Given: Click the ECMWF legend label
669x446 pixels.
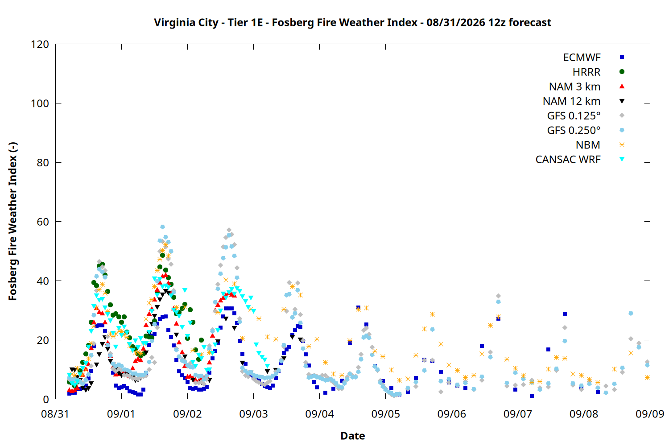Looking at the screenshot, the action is [x=582, y=58].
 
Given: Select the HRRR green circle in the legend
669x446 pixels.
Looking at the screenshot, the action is [x=622, y=72].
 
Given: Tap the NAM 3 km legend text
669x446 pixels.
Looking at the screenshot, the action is [x=574, y=87].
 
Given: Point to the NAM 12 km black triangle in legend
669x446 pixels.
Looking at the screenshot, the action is [x=622, y=101].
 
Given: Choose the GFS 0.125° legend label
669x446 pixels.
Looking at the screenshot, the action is [x=574, y=116].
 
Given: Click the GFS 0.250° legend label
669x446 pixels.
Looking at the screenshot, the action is [x=574, y=130].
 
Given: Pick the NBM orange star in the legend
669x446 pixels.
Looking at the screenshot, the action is [x=622, y=145].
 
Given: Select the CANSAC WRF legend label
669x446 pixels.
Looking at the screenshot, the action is [x=568, y=160].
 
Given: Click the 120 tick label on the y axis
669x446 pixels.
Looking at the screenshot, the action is [x=40, y=44].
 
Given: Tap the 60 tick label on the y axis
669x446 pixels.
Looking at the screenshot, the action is [x=43, y=222].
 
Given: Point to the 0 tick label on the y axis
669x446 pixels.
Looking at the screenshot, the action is [x=46, y=399].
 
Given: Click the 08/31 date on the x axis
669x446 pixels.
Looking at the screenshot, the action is [x=55, y=414].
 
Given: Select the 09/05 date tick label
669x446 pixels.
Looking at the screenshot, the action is [x=386, y=414].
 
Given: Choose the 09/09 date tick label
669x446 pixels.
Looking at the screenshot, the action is [x=650, y=414].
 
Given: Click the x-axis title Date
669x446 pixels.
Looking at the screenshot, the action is [x=353, y=436].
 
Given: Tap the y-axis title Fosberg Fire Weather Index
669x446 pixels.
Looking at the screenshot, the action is [x=13, y=221].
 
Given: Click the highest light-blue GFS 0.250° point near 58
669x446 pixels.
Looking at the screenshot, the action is [x=162, y=227].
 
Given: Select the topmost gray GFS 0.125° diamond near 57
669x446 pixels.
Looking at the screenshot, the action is [x=229, y=230].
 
